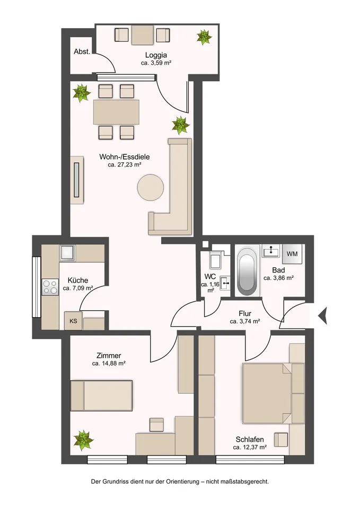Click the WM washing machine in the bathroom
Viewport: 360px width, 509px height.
coord(292,254)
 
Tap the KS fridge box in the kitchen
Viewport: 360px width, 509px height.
coord(73,321)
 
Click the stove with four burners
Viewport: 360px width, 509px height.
coord(50,287)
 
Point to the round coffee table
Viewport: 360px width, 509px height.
coord(150,188)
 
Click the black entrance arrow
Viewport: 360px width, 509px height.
coord(322,315)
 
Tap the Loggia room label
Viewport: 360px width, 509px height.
coord(156,55)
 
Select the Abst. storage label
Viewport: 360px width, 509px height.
coord(82,51)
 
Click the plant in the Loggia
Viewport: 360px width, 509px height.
coord(204,37)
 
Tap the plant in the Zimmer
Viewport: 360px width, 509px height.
coord(83,440)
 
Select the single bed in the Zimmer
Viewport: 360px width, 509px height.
coord(101,396)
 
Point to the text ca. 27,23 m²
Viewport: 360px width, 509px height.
coord(124,165)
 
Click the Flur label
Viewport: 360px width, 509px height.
coord(245,314)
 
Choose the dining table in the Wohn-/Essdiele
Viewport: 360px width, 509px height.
coord(117,112)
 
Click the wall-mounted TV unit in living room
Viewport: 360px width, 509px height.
coord(77,180)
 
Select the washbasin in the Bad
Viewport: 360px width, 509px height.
coord(271,251)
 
